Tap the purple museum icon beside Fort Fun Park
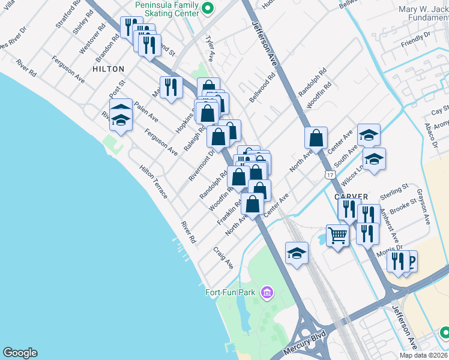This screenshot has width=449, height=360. [x=267, y=293]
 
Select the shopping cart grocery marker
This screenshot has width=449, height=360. [x=337, y=236]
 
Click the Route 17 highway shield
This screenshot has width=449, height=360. [x=330, y=175]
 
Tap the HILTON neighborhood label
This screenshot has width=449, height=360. [x=109, y=69]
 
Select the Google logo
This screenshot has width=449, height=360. [x=20, y=353]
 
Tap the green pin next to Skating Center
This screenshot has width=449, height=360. [x=208, y=8]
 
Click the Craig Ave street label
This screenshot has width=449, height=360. [x=223, y=256]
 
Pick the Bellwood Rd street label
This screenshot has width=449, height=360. [x=263, y=87]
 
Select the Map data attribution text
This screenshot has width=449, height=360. [x=424, y=355]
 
